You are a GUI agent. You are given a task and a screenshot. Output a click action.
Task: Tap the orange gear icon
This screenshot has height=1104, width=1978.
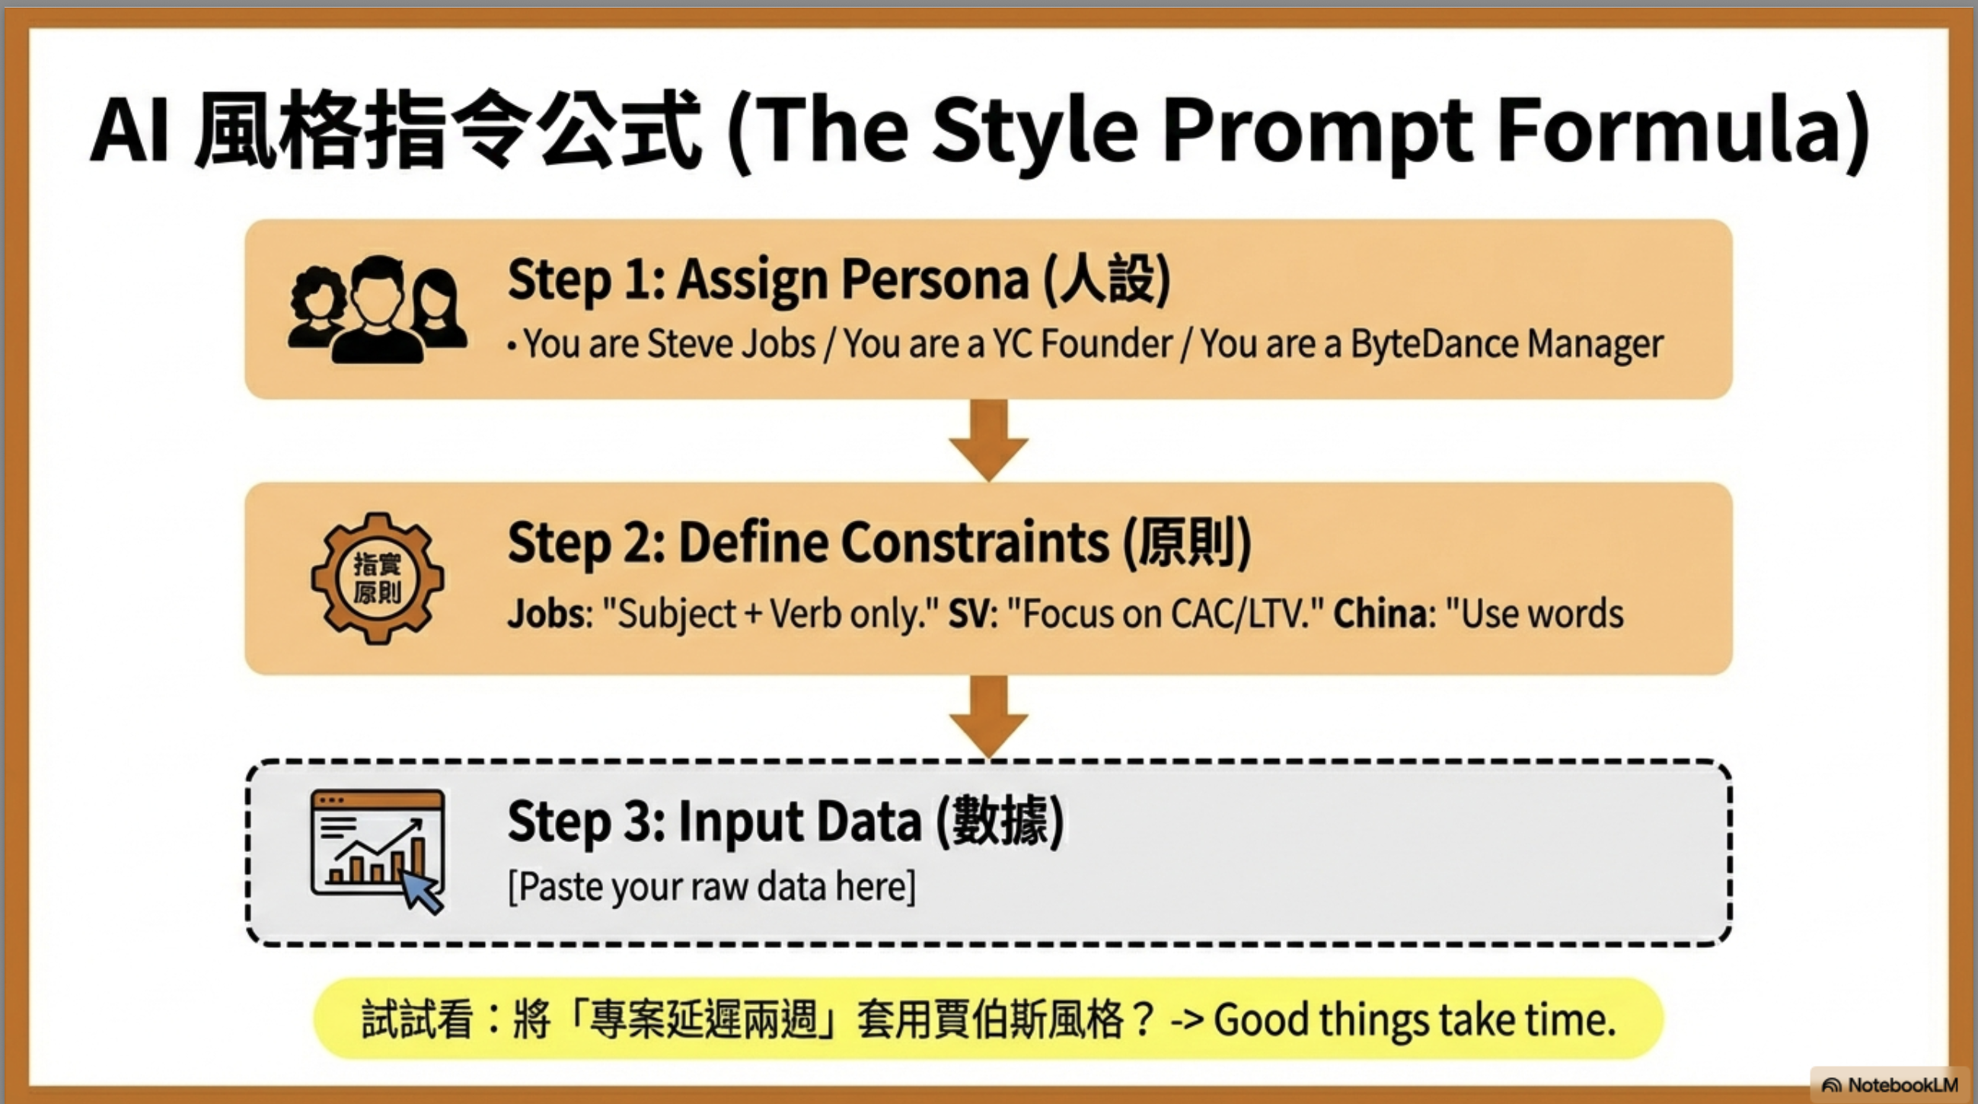click(x=377, y=578)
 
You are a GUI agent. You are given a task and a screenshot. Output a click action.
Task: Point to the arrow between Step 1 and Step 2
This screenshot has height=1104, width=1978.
click(x=988, y=440)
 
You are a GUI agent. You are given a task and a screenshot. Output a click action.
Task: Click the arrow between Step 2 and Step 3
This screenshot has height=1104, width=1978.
click(x=988, y=716)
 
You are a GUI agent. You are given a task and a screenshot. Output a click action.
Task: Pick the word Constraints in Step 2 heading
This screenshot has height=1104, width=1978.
click(x=975, y=543)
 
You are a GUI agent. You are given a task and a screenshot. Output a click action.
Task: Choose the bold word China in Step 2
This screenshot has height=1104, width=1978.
click(x=1380, y=614)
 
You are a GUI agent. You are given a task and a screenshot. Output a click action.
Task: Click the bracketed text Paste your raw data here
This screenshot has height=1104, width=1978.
click(x=712, y=887)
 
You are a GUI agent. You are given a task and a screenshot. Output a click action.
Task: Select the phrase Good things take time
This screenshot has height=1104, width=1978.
click(x=1415, y=1020)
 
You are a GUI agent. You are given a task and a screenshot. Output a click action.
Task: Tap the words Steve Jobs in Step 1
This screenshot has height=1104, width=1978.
click(x=731, y=343)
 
